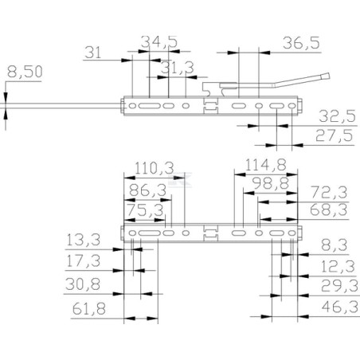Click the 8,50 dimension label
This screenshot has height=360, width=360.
click(x=25, y=72)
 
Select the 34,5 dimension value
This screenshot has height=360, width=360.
click(x=159, y=42)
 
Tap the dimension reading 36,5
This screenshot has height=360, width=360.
click(x=301, y=43)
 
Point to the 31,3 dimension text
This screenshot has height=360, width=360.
click(x=178, y=68)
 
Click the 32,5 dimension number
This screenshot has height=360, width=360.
click(x=337, y=116)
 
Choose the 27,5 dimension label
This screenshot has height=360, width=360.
click(x=335, y=135)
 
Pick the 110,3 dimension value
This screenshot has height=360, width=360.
click(x=155, y=168)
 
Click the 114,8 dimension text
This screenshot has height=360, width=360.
click(x=265, y=165)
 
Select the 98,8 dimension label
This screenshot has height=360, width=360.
click(x=270, y=183)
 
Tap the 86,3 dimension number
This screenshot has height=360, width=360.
click(x=148, y=190)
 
